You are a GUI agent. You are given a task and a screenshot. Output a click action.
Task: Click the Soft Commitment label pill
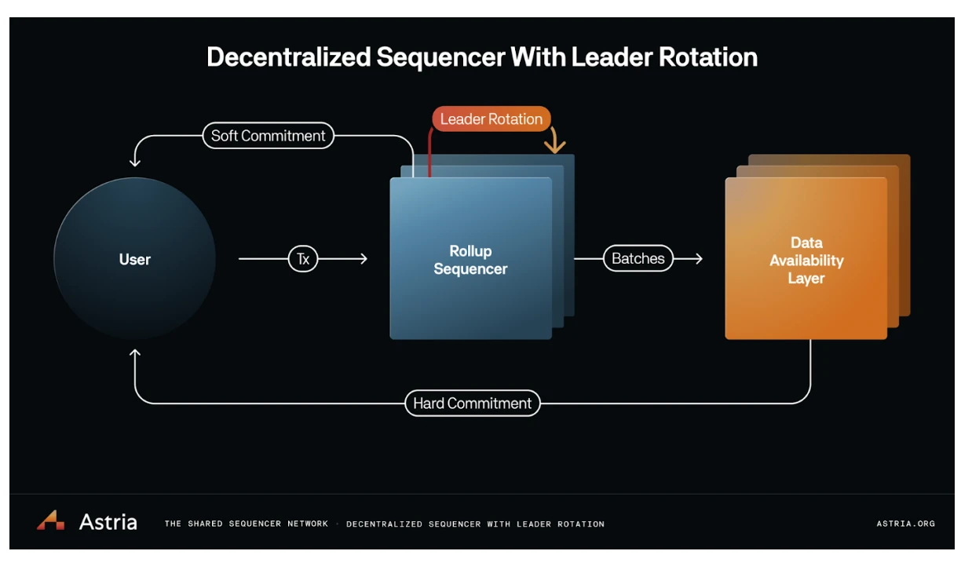click(x=268, y=136)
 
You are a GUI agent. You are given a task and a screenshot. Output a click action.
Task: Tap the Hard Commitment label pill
click(x=473, y=403)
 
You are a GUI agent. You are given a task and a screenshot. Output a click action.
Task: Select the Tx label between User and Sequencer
click(x=303, y=259)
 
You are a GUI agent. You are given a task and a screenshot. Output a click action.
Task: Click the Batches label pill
click(x=638, y=259)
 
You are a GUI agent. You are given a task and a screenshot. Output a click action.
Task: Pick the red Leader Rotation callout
click(x=491, y=119)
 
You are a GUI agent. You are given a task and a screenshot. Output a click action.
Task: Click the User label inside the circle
click(x=135, y=260)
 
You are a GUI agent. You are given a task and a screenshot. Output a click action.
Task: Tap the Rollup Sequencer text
click(x=470, y=260)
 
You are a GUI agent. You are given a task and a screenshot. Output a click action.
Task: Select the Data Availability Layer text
click(x=806, y=261)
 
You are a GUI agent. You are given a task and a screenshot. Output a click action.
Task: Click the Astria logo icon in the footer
click(x=50, y=520)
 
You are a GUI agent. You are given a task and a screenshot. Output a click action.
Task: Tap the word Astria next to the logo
click(x=108, y=522)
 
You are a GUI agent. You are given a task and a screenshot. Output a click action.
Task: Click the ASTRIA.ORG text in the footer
click(x=905, y=524)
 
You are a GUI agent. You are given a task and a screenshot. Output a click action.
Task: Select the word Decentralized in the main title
click(x=287, y=58)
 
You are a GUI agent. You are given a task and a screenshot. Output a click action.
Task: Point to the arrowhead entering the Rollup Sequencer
click(x=363, y=258)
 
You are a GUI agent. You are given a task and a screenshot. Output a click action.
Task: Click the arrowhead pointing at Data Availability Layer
click(x=698, y=258)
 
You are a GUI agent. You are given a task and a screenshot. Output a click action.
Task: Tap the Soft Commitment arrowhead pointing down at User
click(x=135, y=162)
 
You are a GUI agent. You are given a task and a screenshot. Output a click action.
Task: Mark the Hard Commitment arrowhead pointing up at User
click(x=135, y=354)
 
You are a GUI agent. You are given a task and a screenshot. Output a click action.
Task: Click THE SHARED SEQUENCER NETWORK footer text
click(x=247, y=524)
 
